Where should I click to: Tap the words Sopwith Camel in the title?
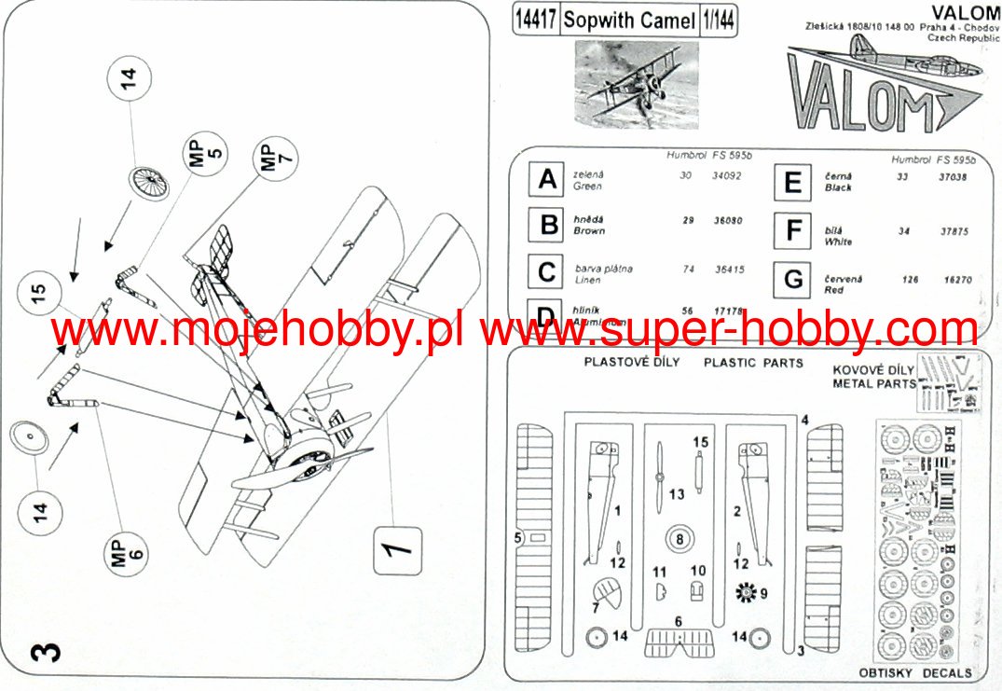click(x=630, y=21)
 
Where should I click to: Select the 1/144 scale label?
click(x=717, y=21)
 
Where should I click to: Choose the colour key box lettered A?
click(x=548, y=179)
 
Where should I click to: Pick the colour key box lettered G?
click(x=793, y=279)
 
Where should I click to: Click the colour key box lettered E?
click(x=793, y=182)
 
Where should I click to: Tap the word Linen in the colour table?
click(x=588, y=280)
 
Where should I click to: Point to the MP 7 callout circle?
click(x=276, y=156)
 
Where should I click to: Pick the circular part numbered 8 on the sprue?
click(x=679, y=538)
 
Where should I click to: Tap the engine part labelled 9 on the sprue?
click(x=746, y=591)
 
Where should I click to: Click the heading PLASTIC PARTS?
click(x=753, y=363)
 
